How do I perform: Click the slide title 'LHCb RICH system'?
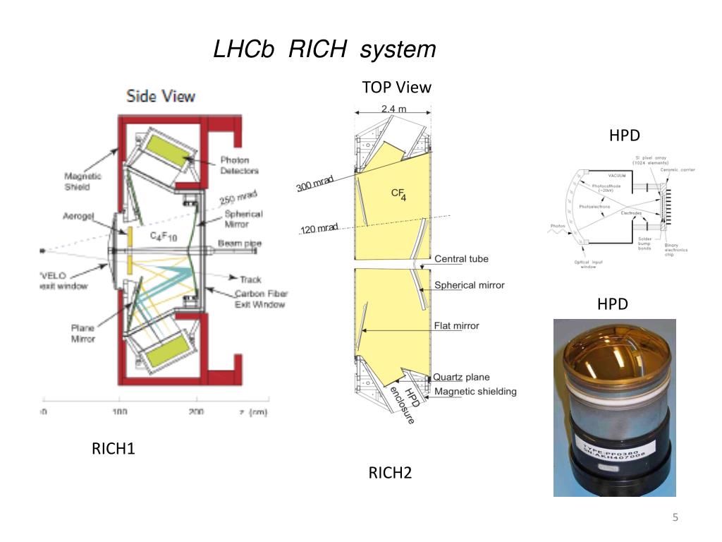coord(324,49)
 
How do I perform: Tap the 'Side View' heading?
coord(161,97)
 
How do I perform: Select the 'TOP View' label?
coord(396,87)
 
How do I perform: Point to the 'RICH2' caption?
coord(390,472)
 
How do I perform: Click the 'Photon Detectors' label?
coord(239,165)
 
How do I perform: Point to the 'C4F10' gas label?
coord(163,238)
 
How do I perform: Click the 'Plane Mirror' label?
coord(83,333)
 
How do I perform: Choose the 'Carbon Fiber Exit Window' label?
coord(260,299)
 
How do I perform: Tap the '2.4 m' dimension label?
coord(393,109)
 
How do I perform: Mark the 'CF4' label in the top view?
coord(399,195)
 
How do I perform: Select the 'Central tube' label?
coord(461,259)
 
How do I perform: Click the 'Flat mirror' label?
coord(456,325)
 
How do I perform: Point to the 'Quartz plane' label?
coord(461,378)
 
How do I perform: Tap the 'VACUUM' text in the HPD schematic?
coord(617,175)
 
